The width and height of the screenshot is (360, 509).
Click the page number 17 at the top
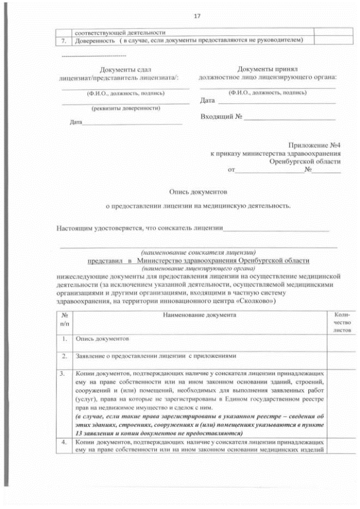196,16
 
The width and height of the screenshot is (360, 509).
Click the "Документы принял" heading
267,68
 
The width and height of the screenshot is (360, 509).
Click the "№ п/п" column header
65,320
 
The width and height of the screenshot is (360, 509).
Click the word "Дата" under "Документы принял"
208,101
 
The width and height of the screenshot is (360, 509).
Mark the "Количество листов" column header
342,323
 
